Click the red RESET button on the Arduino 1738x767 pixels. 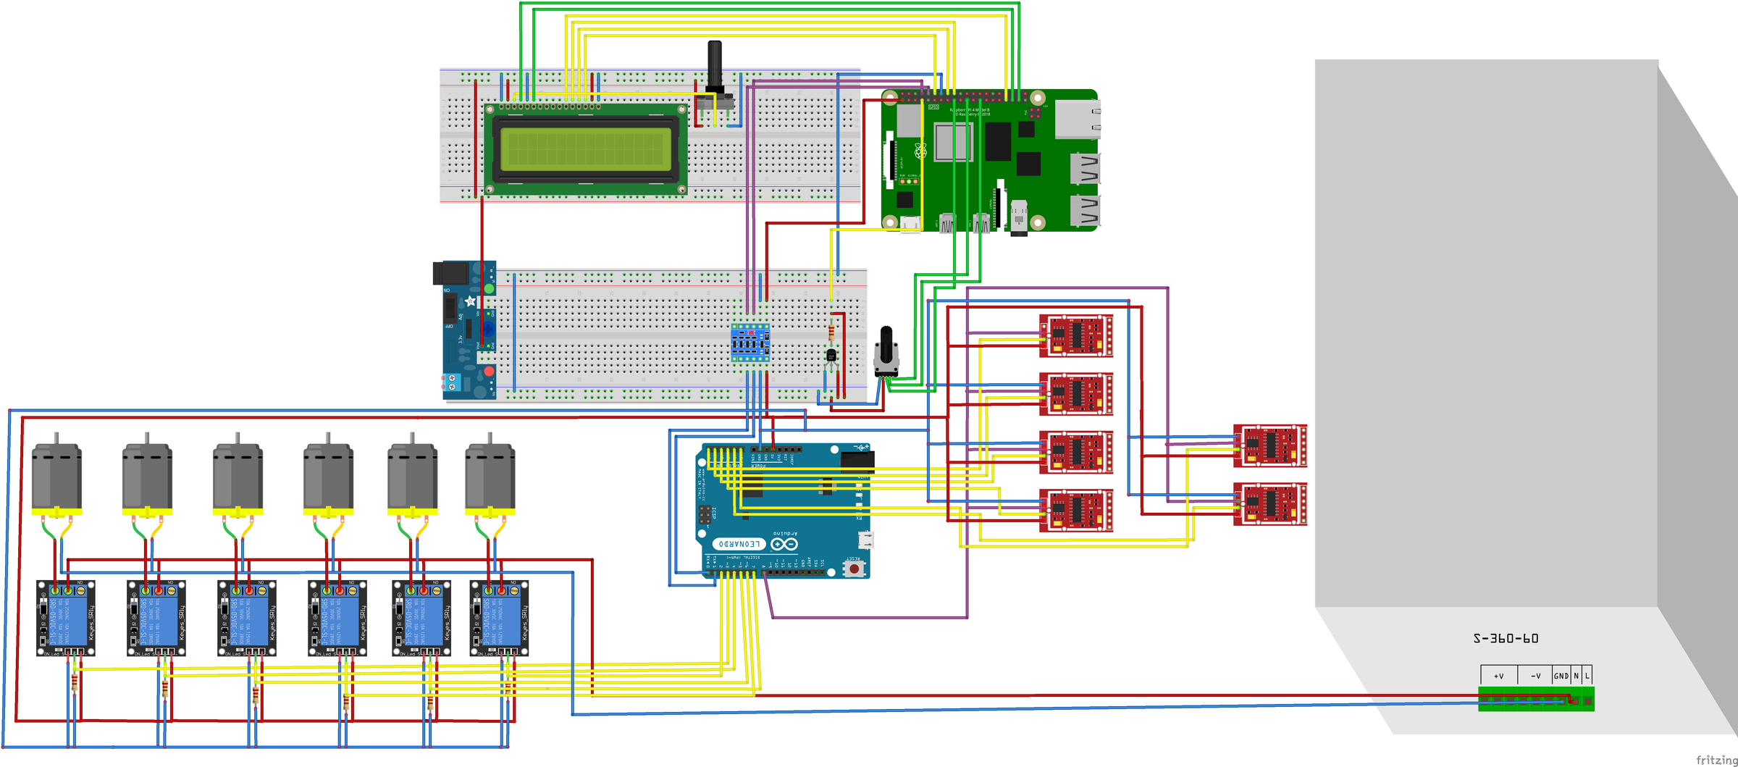855,569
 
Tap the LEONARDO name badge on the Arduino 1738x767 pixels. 739,543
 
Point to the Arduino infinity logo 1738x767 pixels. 784,543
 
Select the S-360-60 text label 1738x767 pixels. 1506,638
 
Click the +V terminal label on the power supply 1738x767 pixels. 1498,676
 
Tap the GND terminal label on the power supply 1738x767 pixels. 1561,676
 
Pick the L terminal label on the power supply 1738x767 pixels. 1587,676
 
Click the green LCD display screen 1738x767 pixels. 585,149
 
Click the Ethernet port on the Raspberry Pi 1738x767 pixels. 1078,120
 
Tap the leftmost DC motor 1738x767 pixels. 56,478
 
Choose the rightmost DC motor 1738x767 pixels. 490,478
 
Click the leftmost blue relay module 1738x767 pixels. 66,618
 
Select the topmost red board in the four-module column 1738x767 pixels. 1076,335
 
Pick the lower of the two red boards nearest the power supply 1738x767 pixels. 1270,503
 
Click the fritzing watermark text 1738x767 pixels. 1716,759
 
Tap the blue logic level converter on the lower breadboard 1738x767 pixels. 750,343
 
